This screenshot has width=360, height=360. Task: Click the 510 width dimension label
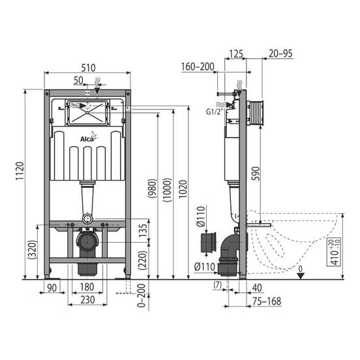[88, 68]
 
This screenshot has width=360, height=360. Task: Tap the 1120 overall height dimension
[20, 172]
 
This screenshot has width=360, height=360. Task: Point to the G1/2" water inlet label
[215, 112]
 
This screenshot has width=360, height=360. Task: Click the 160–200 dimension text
[198, 67]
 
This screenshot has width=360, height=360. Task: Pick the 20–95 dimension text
[280, 53]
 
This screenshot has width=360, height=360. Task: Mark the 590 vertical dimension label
[256, 173]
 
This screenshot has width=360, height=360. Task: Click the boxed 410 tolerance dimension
[334, 252]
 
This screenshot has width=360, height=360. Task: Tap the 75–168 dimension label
[267, 301]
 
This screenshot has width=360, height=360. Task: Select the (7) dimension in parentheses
[218, 285]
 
